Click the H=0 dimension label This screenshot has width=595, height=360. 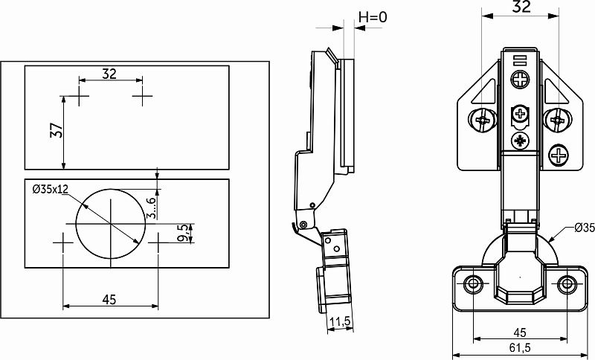click(373, 16)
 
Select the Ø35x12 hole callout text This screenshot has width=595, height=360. click(51, 189)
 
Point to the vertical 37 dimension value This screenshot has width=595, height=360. click(57, 130)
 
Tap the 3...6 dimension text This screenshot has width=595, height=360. click(151, 208)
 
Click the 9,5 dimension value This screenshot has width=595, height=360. click(183, 234)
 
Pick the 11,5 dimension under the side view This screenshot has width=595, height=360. click(340, 321)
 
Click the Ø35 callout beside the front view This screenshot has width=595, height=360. click(585, 228)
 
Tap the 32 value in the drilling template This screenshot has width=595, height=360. click(109, 74)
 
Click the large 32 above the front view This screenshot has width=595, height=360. click(521, 7)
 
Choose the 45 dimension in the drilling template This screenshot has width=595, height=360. click(109, 300)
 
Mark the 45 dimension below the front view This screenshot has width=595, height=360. click(520, 332)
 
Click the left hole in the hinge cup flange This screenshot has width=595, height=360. click(473, 283)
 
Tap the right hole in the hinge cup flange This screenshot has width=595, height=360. click(567, 283)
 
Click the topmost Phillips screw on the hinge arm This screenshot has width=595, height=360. click(520, 80)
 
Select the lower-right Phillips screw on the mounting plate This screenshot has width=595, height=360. click(559, 155)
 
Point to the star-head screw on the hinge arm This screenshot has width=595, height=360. click(520, 141)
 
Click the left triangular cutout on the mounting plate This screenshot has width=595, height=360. click(487, 93)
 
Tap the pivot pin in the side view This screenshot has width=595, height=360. click(303, 225)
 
